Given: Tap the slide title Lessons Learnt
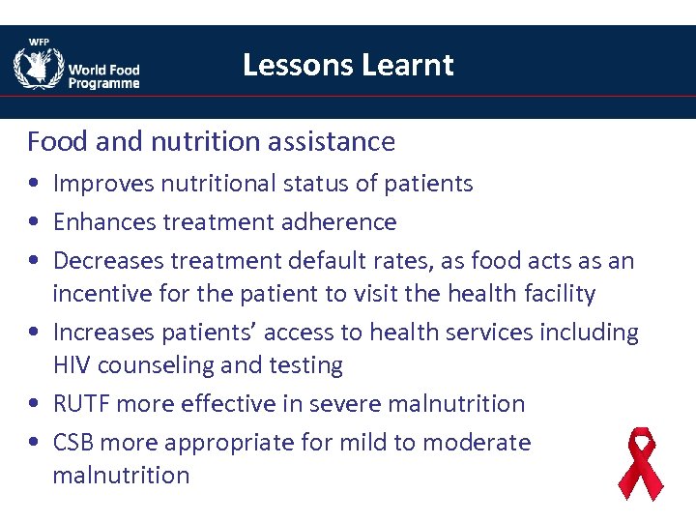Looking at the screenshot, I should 348,65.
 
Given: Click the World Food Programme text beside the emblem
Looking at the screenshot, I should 103,76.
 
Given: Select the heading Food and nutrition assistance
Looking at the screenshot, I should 211,142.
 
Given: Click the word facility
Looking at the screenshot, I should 556,294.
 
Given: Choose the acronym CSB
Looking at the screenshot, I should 73,443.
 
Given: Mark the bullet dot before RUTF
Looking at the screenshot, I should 34,404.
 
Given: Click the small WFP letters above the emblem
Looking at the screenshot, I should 39,42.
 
